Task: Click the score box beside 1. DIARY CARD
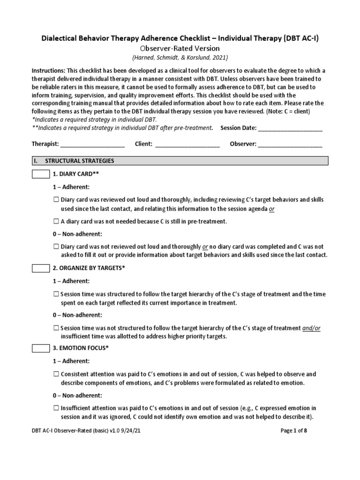[40, 174]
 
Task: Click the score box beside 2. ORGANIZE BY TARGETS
[40, 268]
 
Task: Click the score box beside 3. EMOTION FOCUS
[40, 349]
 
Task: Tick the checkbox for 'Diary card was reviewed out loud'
[56, 200]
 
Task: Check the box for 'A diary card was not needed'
[56, 221]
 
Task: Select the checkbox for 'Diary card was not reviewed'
[56, 247]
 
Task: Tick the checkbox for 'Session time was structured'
[56, 294]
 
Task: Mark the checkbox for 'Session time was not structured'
[56, 328]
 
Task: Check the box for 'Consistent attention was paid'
[56, 375]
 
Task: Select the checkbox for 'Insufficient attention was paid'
[56, 408]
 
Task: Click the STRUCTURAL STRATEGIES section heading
[80, 161]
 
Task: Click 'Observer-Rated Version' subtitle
[180, 48]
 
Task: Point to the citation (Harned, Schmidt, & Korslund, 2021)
[180, 58]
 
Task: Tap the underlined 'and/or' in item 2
[311, 328]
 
